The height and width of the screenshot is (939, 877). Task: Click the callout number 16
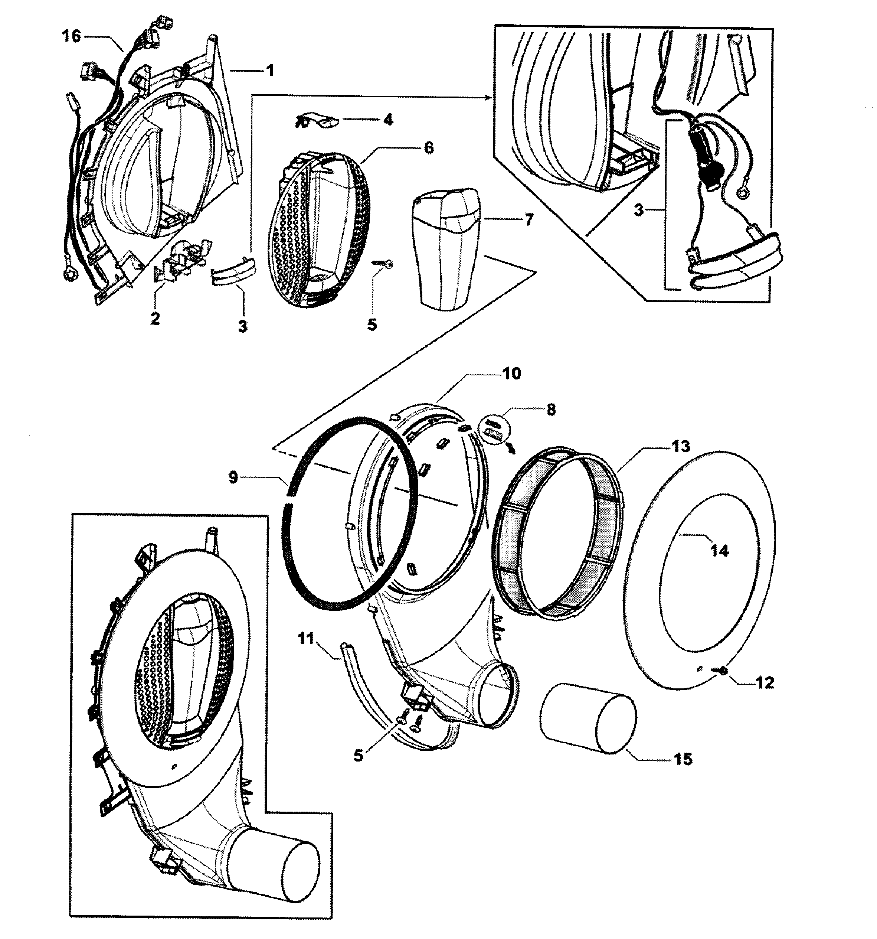coord(72,36)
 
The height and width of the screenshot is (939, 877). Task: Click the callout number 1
coord(270,71)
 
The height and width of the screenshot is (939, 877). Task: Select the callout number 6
coord(429,148)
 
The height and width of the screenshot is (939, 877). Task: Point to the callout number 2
coord(155,318)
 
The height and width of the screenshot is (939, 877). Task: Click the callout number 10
coord(511,374)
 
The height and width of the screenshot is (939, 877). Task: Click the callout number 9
coord(233,477)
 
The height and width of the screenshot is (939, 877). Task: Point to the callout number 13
coord(681,446)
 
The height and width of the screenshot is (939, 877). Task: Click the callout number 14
coord(719,551)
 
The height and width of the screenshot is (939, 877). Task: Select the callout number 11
coord(306,639)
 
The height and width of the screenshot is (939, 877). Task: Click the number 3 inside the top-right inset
coord(639,210)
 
